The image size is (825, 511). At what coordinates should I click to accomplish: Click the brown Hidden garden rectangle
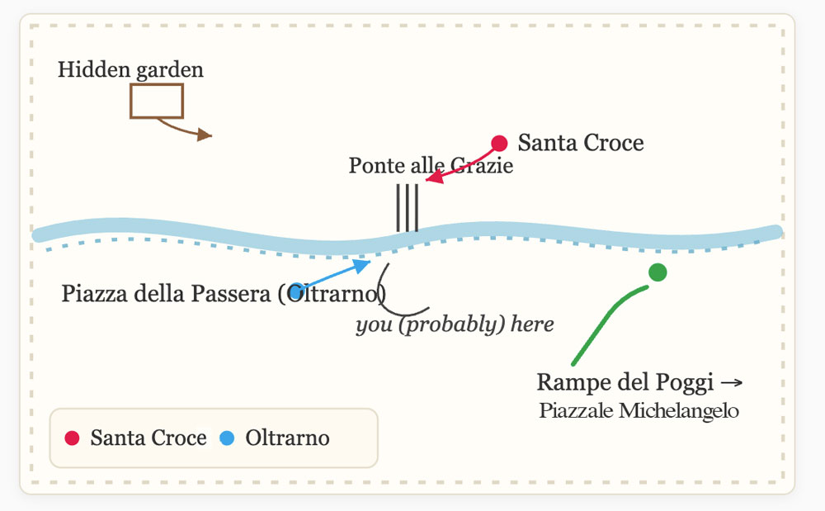point(156,101)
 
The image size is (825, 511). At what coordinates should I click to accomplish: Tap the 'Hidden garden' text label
point(130,70)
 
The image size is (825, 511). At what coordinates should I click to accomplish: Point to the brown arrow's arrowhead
point(205,135)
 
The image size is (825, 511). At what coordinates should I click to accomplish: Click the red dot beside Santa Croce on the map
point(499,143)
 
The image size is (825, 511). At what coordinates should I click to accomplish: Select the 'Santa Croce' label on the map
point(581,143)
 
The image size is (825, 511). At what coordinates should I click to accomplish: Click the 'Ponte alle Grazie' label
point(431,166)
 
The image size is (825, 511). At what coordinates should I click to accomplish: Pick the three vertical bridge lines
point(408,208)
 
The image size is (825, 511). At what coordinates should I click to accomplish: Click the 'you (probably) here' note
point(455,324)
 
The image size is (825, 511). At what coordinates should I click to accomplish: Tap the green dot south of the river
point(658,272)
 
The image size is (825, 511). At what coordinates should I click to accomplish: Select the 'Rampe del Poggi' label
point(625,383)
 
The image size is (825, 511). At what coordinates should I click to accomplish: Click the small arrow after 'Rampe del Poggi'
point(732,383)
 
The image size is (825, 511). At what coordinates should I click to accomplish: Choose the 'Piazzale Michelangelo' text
point(639,411)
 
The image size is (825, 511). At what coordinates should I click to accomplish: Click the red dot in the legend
point(73,438)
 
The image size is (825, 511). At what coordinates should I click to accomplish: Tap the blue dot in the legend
point(228,438)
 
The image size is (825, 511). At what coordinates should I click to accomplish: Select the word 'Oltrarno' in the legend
point(287,438)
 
